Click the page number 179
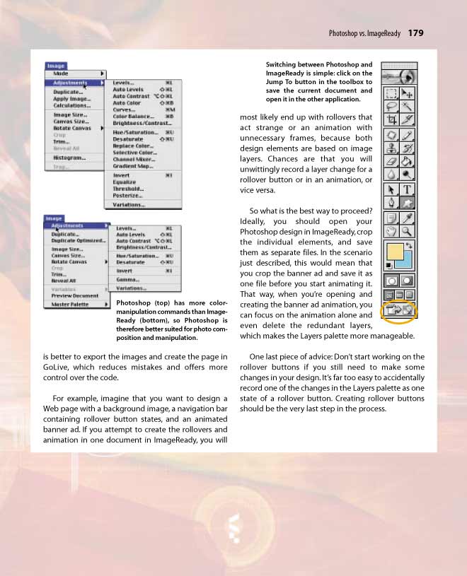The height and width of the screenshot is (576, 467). (x=415, y=33)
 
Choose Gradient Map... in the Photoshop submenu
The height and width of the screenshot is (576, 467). (x=132, y=166)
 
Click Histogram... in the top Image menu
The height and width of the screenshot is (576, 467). (x=69, y=158)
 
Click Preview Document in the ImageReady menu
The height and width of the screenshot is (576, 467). (x=74, y=295)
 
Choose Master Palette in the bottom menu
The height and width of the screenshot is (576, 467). (x=70, y=305)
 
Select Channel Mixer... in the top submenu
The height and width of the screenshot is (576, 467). (x=134, y=159)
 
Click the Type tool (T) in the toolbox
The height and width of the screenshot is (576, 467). (x=408, y=190)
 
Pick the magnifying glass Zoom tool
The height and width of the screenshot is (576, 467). (x=408, y=231)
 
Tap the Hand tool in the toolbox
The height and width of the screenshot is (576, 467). (x=391, y=231)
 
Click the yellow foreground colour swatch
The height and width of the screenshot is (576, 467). (x=393, y=252)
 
